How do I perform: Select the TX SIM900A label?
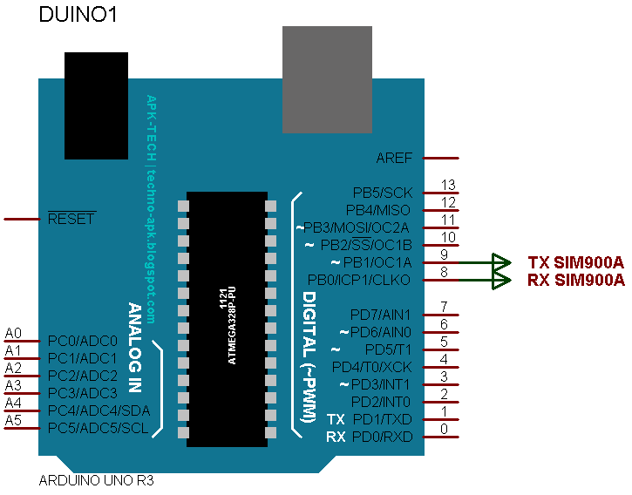click(x=576, y=262)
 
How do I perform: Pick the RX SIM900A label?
click(x=576, y=280)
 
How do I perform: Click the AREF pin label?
click(x=394, y=159)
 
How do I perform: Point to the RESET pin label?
click(x=71, y=220)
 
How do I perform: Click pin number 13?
click(x=449, y=185)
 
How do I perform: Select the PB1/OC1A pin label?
click(x=381, y=262)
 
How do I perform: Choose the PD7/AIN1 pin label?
click(x=380, y=315)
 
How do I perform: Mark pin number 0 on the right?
click(x=445, y=429)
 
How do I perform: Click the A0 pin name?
click(x=13, y=333)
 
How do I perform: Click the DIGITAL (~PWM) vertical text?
click(x=308, y=357)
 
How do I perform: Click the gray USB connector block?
click(x=327, y=78)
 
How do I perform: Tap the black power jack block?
click(x=98, y=105)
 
